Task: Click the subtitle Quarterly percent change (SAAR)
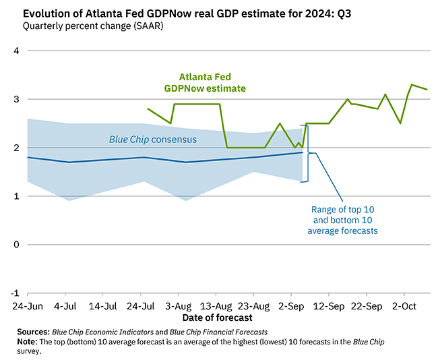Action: [x=93, y=26]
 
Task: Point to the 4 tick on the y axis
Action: [x=16, y=51]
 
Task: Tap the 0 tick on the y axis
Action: [x=17, y=245]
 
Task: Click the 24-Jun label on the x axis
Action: [x=28, y=305]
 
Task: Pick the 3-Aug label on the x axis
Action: [x=177, y=305]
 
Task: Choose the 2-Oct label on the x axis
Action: [x=403, y=305]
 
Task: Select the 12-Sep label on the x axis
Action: [x=328, y=305]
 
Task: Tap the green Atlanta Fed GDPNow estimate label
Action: [x=205, y=82]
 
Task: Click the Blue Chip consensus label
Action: [x=153, y=140]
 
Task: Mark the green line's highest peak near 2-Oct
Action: [x=412, y=85]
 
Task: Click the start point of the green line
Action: [x=148, y=109]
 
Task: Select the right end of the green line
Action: [x=427, y=90]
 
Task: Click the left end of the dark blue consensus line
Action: [x=28, y=157]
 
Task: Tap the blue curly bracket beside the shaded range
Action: [x=308, y=153]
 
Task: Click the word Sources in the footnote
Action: [x=33, y=332]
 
